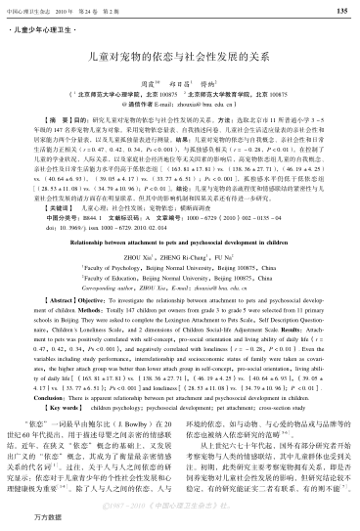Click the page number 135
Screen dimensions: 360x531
coord(341,11)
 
